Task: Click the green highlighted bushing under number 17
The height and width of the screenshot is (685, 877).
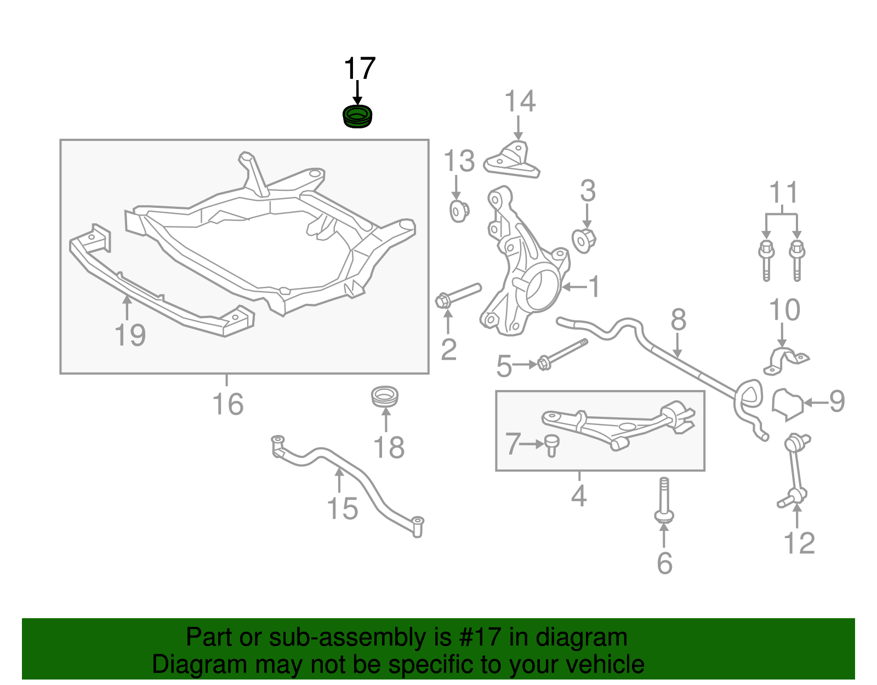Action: pos(357,117)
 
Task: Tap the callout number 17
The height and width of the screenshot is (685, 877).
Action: pos(359,69)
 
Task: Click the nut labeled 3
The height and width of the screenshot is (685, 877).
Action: pos(584,240)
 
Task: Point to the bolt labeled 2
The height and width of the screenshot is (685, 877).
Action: pos(458,295)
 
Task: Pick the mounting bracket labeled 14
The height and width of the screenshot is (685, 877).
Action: pos(513,161)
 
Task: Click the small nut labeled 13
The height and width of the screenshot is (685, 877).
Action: pos(459,211)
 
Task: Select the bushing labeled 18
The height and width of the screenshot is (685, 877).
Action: pos(385,397)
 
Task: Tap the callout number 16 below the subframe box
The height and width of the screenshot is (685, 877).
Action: pos(227,405)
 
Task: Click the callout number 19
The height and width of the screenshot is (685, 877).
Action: pos(130,335)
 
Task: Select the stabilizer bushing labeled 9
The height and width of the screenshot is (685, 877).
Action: pos(787,404)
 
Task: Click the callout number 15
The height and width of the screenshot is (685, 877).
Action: pos(343,509)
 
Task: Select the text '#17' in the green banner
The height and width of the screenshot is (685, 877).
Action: pos(476,638)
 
